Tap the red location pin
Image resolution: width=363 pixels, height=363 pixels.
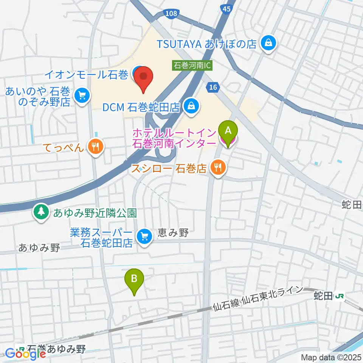click(144, 77)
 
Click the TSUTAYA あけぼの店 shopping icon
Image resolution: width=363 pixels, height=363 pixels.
click(268, 43)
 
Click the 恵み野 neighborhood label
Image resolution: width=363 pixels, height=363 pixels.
click(174, 233)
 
